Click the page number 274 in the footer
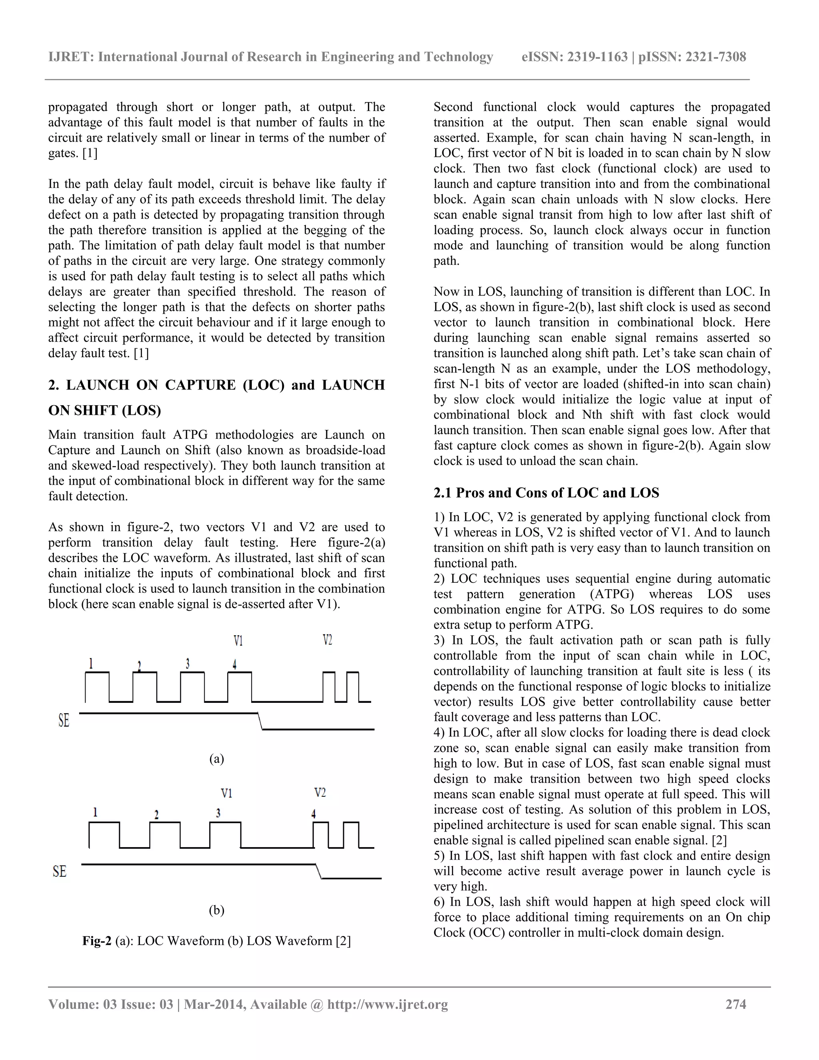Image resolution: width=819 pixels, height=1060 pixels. (x=735, y=1004)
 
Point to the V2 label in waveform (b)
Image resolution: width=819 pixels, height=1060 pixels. (x=320, y=792)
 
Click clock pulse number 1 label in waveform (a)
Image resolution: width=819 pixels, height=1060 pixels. (x=91, y=663)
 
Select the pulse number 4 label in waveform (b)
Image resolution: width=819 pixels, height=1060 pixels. (x=314, y=814)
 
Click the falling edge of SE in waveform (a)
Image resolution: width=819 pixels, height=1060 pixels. (x=260, y=721)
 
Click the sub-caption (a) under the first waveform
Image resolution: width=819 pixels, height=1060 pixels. (x=216, y=758)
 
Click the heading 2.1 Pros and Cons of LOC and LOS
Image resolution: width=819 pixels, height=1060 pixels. (x=546, y=493)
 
